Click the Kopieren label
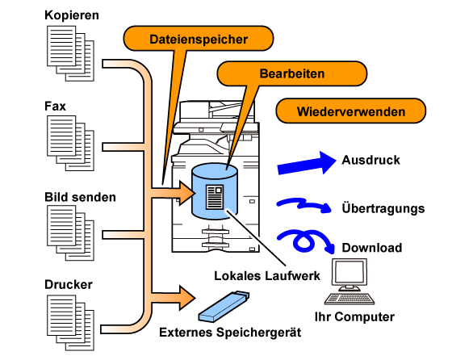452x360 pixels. click(x=72, y=15)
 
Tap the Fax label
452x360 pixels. click(x=55, y=106)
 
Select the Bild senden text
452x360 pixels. click(x=80, y=197)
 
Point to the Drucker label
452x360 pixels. click(x=69, y=284)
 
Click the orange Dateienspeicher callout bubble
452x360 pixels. click(x=199, y=39)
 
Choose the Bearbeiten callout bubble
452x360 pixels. click(x=292, y=73)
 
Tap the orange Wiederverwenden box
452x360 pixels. click(x=351, y=111)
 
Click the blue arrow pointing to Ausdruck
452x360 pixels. click(x=307, y=163)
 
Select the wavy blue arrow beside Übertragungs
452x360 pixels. click(x=303, y=204)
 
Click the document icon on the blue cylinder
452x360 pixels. click(x=215, y=197)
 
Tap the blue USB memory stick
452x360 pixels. click(x=224, y=306)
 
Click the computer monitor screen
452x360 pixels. click(x=349, y=272)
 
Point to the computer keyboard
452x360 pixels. click(x=349, y=299)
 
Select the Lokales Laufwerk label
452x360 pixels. click(x=267, y=276)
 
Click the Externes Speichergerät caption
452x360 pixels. click(x=230, y=333)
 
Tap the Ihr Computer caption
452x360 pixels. click(x=354, y=316)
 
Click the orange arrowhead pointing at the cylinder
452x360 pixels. click(x=186, y=193)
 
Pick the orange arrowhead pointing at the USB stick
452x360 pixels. click(x=186, y=298)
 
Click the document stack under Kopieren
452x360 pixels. click(x=71, y=53)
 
